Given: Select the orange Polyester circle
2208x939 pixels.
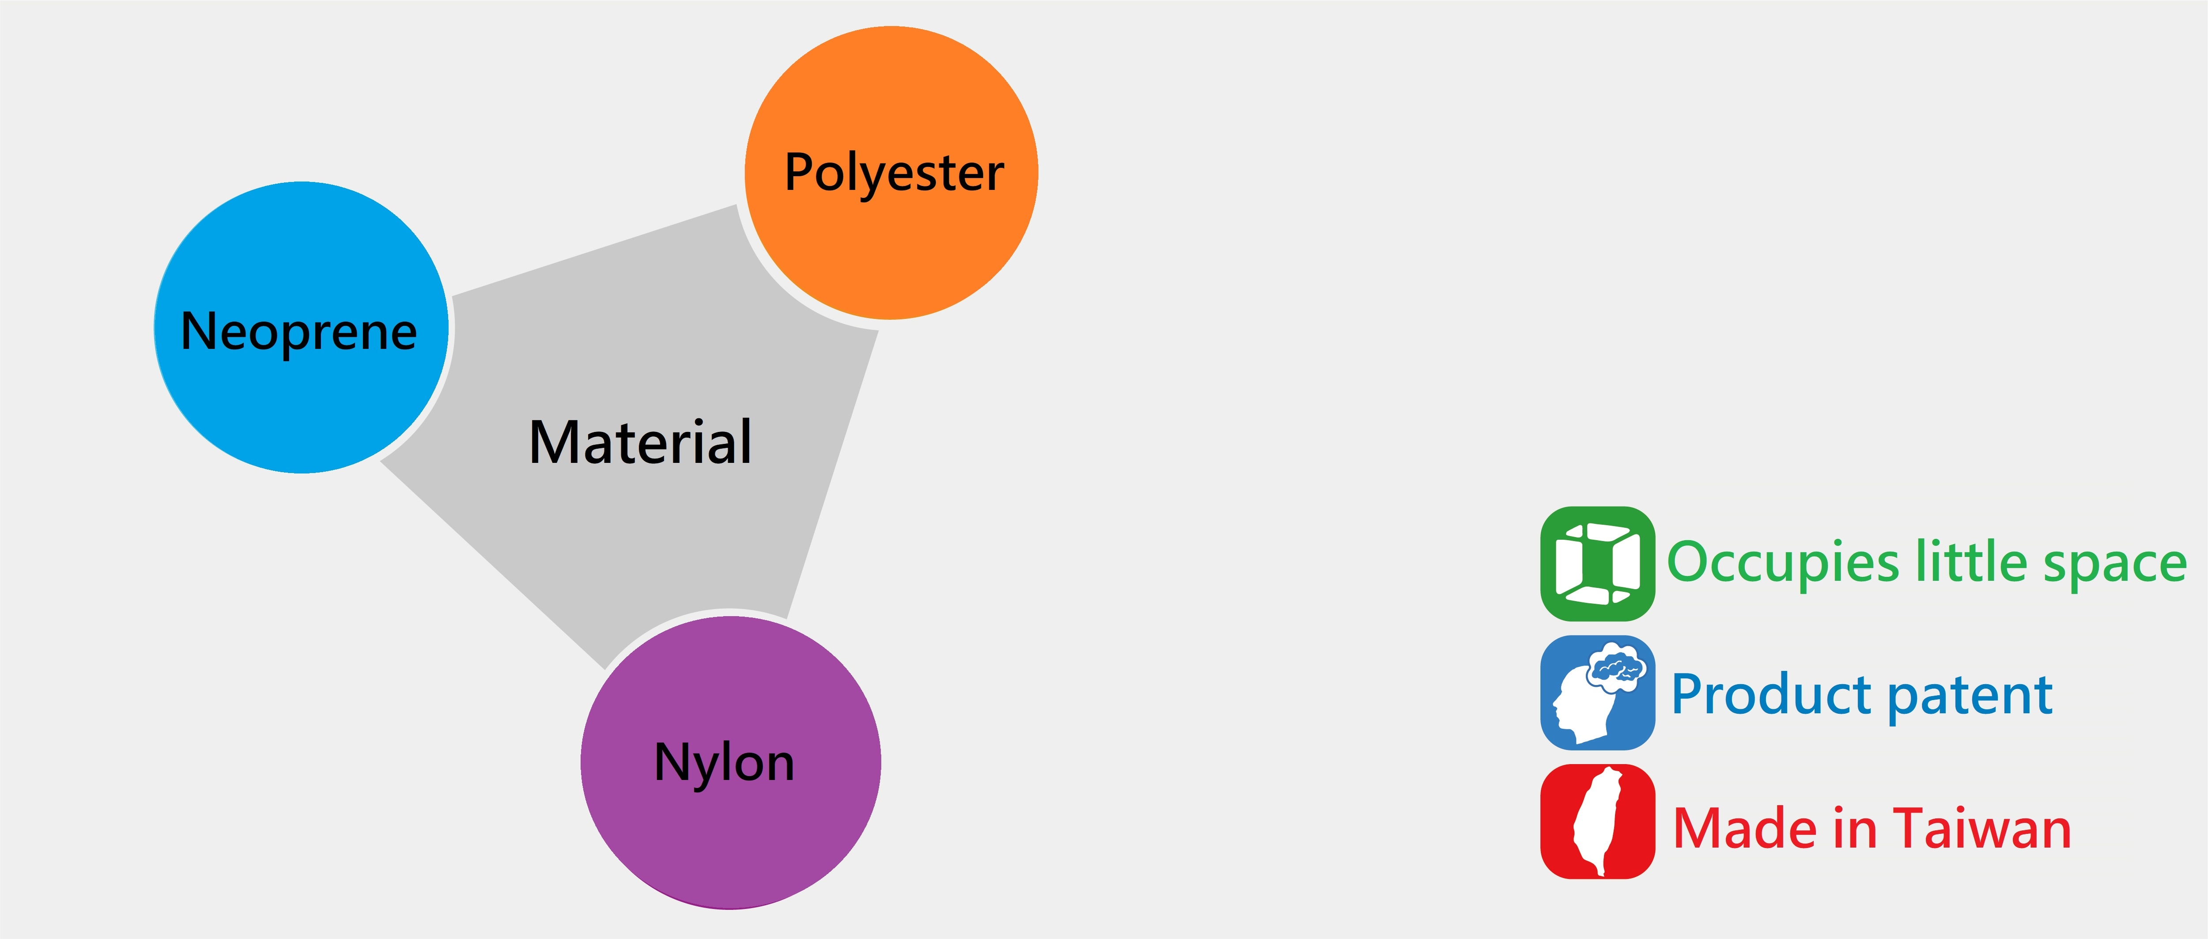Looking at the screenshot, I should coord(892,249).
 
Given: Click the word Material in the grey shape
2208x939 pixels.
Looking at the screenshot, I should coord(640,443).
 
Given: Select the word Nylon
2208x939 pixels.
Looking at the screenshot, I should coord(724,762).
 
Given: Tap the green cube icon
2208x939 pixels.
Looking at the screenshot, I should coord(1598,564).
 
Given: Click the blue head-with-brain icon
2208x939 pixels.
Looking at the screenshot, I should coord(1598,693).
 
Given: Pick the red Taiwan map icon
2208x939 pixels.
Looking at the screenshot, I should coord(1598,822).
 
